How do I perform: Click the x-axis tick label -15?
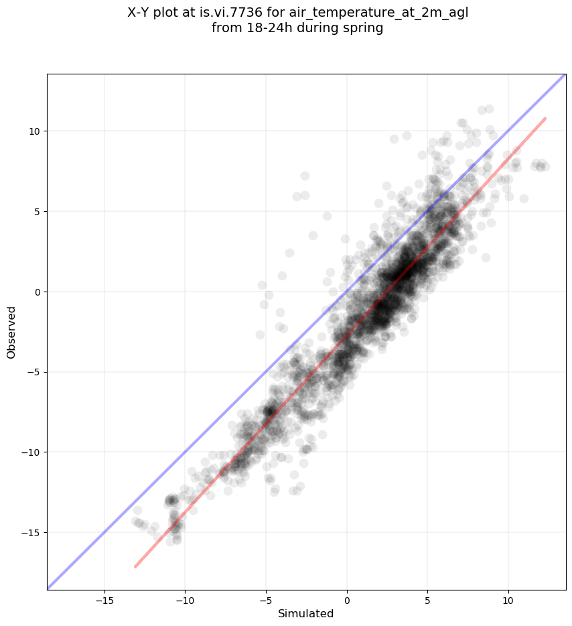104,601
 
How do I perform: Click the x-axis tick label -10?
185,601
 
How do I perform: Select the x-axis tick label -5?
266,601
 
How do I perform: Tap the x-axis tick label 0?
347,601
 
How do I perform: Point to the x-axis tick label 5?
427,601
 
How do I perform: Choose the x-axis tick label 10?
508,601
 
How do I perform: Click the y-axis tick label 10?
35,131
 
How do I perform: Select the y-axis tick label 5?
38,211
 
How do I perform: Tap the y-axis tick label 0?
38,292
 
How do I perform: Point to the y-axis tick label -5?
35,372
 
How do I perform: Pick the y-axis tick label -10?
32,452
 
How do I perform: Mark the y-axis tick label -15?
32,533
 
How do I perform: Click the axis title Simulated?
305,614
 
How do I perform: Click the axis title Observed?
11,332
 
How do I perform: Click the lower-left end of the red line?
135,566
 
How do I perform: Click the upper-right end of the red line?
545,119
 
